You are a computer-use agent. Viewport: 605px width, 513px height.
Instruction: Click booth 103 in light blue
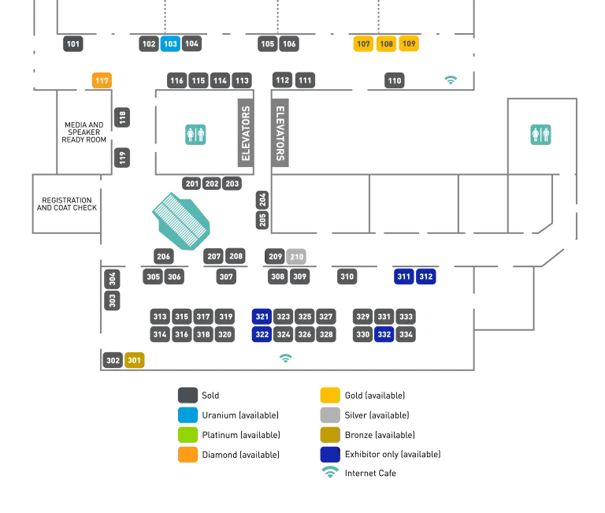pyautogui.click(x=170, y=44)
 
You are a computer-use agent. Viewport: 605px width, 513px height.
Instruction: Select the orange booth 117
pyautogui.click(x=102, y=80)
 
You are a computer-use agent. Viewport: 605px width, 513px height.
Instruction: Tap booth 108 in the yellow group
pyautogui.click(x=386, y=44)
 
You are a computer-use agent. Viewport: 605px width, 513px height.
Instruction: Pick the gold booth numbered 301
pyautogui.click(x=135, y=360)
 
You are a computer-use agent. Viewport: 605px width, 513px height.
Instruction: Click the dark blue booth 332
pyautogui.click(x=384, y=335)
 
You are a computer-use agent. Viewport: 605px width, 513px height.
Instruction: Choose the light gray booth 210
pyautogui.click(x=297, y=257)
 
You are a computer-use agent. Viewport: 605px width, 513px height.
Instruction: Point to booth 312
pyautogui.click(x=426, y=277)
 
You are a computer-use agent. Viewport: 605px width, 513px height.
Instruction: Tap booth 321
pyautogui.click(x=262, y=317)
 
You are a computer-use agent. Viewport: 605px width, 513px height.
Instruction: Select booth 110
pyautogui.click(x=395, y=80)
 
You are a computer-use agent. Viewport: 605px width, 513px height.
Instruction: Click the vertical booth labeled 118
pyautogui.click(x=122, y=118)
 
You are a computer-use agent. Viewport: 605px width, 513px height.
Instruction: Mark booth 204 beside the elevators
pyautogui.click(x=262, y=199)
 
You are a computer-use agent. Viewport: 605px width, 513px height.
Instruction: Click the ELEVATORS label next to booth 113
pyautogui.click(x=246, y=133)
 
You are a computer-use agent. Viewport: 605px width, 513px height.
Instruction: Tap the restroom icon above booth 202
pyautogui.click(x=195, y=133)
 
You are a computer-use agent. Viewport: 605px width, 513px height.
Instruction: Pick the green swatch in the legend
pyautogui.click(x=187, y=435)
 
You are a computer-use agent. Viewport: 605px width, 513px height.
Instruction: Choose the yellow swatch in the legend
pyautogui.click(x=330, y=394)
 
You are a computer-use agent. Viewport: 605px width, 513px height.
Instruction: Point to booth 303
pyautogui.click(x=113, y=300)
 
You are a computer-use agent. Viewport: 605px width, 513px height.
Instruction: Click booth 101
pyautogui.click(x=73, y=44)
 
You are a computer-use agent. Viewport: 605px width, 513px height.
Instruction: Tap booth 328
pyautogui.click(x=326, y=335)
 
